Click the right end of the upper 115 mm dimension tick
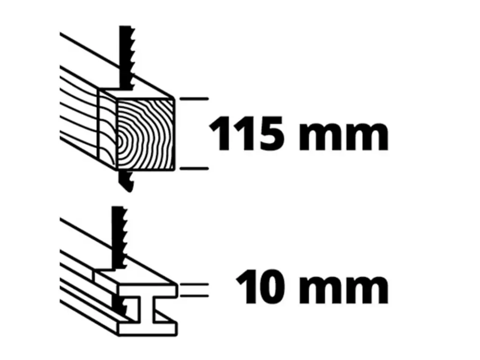tap(208, 99)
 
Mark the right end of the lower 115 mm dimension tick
tap(208, 168)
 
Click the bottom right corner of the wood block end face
tap(174, 169)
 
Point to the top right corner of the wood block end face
tap(174, 98)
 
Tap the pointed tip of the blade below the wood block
tap(129, 191)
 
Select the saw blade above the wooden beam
tap(127, 58)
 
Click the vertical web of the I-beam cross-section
tap(148, 309)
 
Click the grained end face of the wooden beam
tap(145, 134)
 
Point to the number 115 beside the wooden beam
tap(246, 133)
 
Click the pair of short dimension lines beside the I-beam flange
tap(195, 290)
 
